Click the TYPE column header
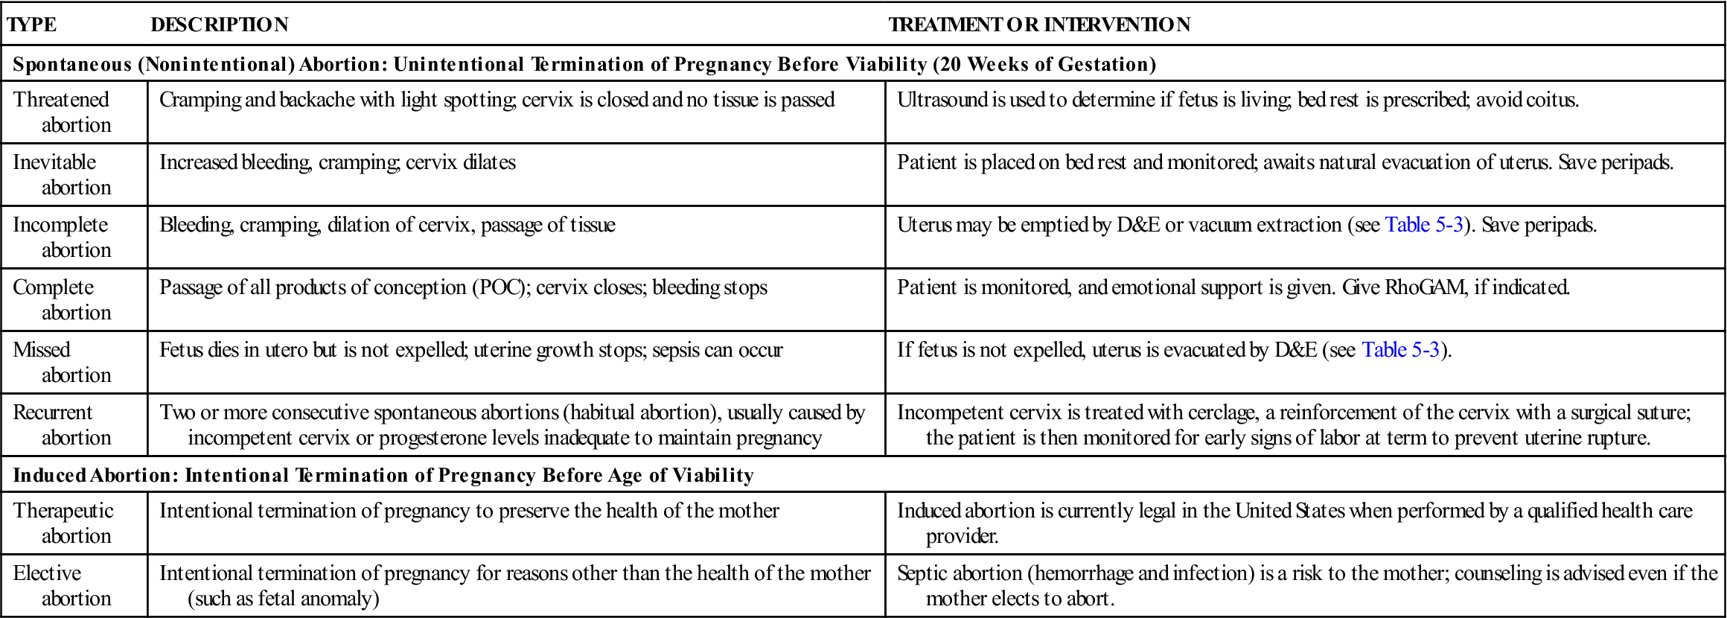(31, 25)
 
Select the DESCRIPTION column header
(219, 25)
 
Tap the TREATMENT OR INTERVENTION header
(1039, 25)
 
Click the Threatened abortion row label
(62, 112)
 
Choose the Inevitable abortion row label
(62, 174)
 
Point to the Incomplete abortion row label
(62, 237)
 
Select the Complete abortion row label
(62, 299)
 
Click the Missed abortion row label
(62, 362)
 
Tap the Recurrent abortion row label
(62, 424)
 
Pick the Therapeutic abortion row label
(63, 523)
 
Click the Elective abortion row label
(62, 585)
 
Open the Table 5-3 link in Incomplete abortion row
(1423, 225)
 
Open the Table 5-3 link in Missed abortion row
(1400, 350)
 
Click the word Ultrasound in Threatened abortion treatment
(942, 100)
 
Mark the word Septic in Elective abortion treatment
(921, 573)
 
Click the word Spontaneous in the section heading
(72, 65)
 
